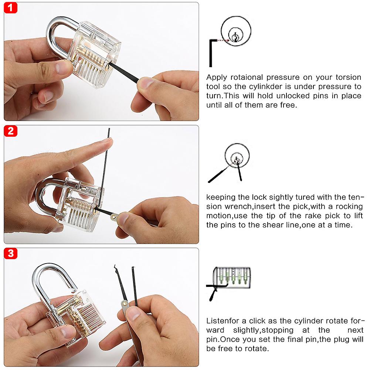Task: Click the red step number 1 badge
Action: click(11, 7)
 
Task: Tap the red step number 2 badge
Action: click(11, 130)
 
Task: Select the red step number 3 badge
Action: click(11, 253)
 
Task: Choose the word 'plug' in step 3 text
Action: click(336, 339)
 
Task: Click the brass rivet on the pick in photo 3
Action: click(125, 304)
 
